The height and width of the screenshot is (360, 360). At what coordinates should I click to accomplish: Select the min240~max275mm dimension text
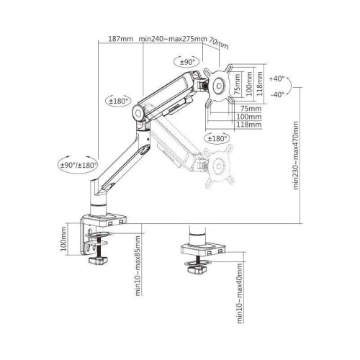click(173, 39)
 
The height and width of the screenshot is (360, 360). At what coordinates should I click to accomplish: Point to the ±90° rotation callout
click(189, 63)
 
